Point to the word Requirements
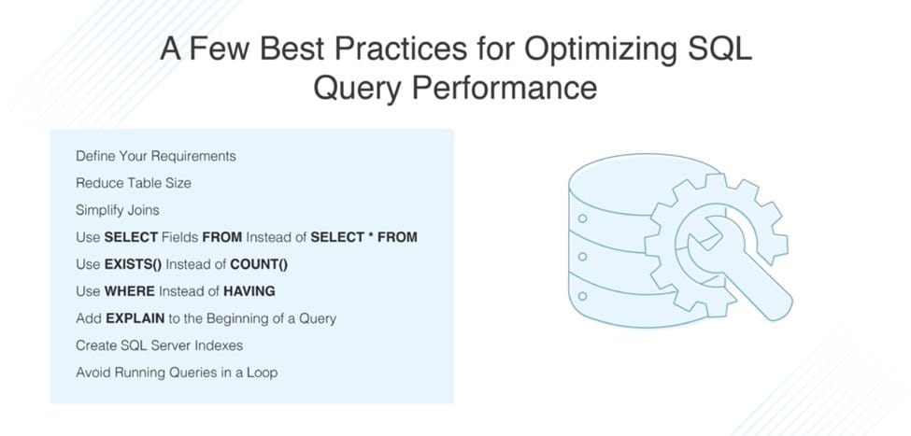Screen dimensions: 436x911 [x=194, y=156]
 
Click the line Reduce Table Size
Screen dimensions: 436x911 [x=134, y=183]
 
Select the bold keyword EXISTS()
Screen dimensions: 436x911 [x=133, y=264]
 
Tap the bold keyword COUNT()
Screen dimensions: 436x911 [x=259, y=264]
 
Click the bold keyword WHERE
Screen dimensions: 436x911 [x=129, y=291]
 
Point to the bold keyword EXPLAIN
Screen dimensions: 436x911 [x=135, y=318]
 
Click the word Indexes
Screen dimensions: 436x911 [x=217, y=345]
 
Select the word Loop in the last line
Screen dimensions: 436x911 [x=261, y=373]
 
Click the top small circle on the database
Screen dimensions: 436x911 [x=582, y=219]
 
